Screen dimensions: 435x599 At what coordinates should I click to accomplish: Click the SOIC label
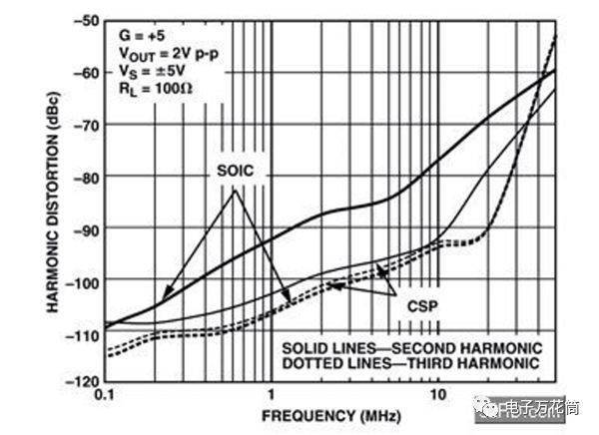tap(235, 171)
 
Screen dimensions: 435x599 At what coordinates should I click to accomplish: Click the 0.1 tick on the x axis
tap(104, 396)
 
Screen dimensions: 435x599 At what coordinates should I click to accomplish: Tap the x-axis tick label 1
tap(271, 396)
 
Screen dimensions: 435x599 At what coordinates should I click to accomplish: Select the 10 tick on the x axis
tap(437, 396)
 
